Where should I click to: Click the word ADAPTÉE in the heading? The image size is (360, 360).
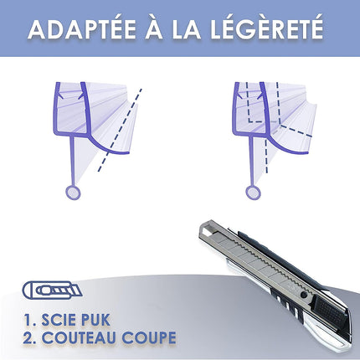(x=84, y=30)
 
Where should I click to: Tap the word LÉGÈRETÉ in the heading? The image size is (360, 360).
(x=270, y=30)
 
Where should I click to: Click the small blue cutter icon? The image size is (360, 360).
(x=49, y=291)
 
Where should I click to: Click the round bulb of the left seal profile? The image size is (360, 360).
(x=74, y=193)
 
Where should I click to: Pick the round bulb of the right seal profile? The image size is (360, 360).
(x=252, y=193)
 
